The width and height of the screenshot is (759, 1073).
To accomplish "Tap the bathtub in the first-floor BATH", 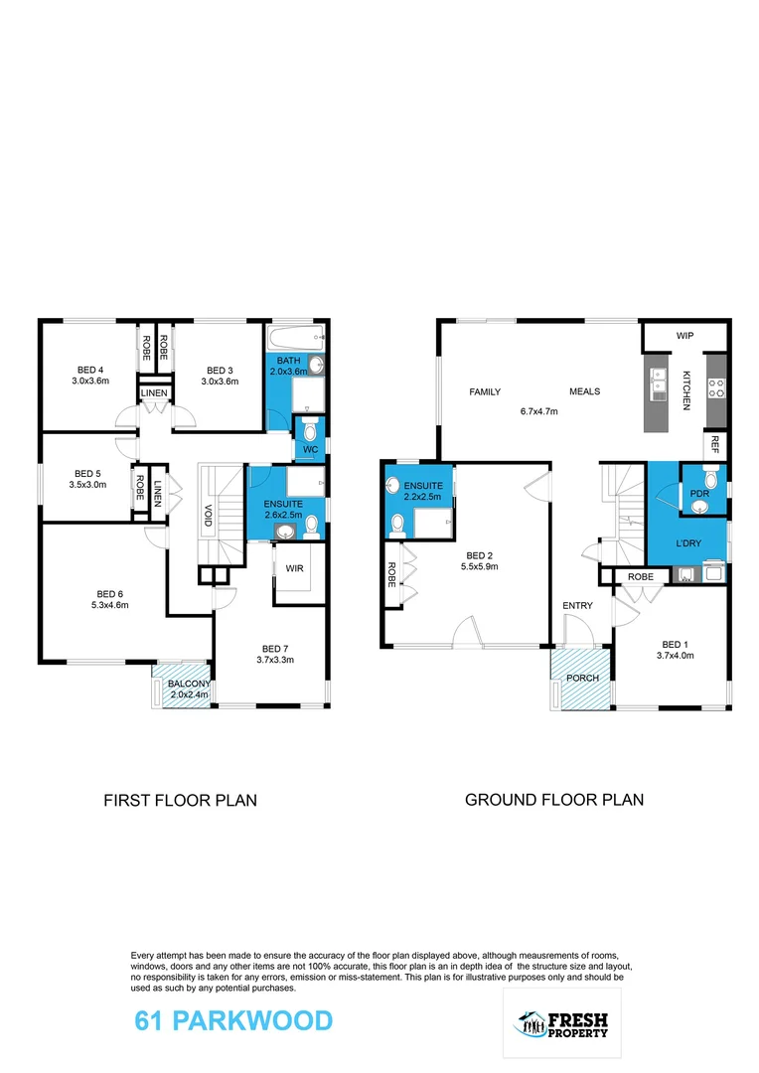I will [x=297, y=336].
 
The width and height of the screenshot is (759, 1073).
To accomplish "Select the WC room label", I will [x=311, y=449].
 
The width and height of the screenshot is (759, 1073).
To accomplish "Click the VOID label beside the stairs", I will [x=208, y=516].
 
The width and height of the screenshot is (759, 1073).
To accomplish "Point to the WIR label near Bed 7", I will [x=294, y=569].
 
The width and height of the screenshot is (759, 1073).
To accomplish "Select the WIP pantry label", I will [x=685, y=336].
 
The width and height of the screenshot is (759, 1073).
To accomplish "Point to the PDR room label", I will [x=699, y=491].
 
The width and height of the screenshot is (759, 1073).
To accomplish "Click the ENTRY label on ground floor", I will [x=577, y=605].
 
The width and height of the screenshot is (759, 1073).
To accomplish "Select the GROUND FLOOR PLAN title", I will [x=554, y=799].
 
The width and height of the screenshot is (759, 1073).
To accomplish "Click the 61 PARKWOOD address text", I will [x=233, y=1020].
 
